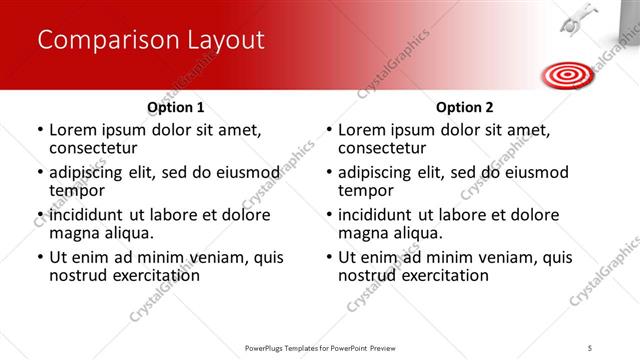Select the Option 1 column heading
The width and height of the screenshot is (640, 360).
[176, 107]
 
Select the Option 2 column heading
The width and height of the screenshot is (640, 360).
[464, 107]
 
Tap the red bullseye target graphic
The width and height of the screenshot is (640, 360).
[566, 73]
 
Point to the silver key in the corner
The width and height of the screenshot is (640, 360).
[578, 20]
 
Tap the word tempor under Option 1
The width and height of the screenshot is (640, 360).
[77, 191]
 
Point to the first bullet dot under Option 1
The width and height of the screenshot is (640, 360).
[40, 130]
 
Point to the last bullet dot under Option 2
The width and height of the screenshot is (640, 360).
[329, 258]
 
